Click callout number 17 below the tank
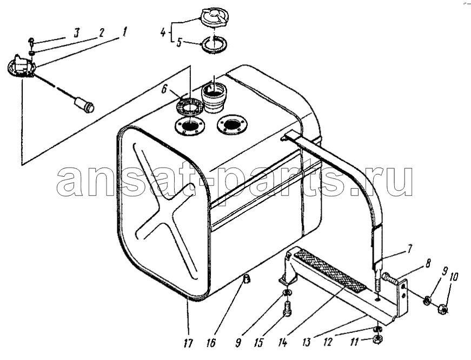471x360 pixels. (188, 343)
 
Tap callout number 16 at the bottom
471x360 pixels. (211, 343)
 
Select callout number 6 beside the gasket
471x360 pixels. (164, 89)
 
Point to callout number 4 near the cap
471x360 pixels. (163, 32)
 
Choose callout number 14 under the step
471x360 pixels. (283, 343)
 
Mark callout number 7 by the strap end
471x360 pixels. (410, 249)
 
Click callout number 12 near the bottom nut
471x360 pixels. (328, 342)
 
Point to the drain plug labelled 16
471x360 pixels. (247, 279)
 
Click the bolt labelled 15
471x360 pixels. (288, 308)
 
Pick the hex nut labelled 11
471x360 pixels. (377, 340)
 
